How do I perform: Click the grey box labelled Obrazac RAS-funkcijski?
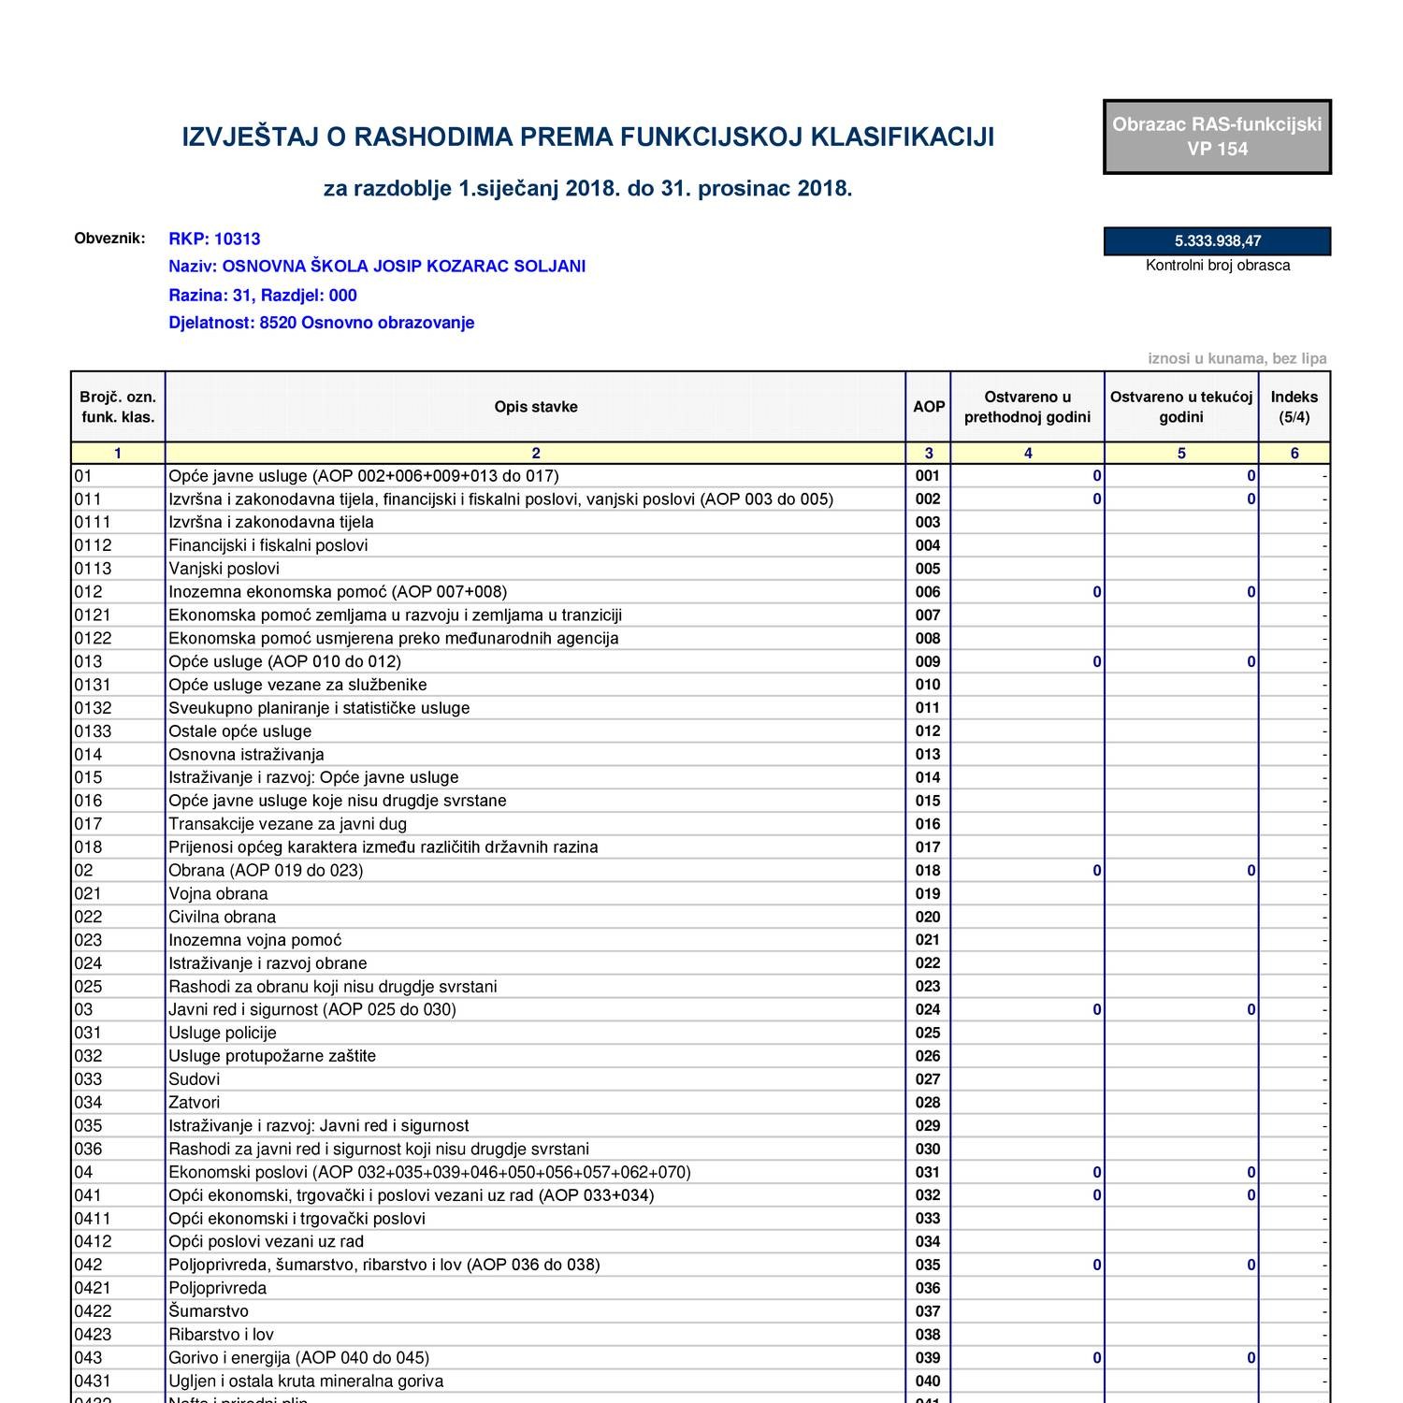(1217, 137)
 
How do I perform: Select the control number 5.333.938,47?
(1217, 241)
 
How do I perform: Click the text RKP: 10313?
(214, 239)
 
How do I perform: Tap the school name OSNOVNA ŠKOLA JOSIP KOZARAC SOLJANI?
(403, 267)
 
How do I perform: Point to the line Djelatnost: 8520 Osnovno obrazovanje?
(321, 323)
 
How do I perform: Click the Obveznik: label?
(109, 238)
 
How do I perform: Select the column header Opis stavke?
(535, 407)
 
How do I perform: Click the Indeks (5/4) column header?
(1294, 407)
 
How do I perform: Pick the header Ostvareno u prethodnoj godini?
(1027, 407)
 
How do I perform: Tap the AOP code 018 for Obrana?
(927, 871)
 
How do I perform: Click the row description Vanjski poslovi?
(224, 569)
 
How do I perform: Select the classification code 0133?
(93, 731)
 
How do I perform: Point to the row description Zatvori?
(194, 1103)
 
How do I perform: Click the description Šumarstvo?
(208, 1311)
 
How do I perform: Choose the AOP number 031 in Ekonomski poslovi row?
(927, 1173)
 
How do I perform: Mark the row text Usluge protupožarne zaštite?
(271, 1056)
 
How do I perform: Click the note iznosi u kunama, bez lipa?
(1237, 359)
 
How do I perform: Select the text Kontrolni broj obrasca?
(1217, 266)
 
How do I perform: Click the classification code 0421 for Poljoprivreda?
(93, 1288)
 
